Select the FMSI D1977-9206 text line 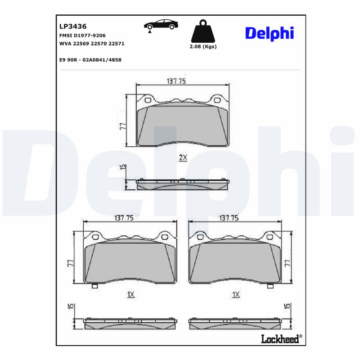click(x=82, y=35)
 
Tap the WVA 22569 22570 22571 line click(x=92, y=44)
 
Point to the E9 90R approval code click(x=90, y=59)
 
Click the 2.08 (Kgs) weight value click(x=203, y=47)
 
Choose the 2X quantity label click(x=183, y=157)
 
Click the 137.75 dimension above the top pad click(x=176, y=81)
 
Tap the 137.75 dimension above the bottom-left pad click(x=124, y=217)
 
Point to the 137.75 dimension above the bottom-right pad click(x=229, y=217)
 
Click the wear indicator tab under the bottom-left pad click(x=94, y=286)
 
